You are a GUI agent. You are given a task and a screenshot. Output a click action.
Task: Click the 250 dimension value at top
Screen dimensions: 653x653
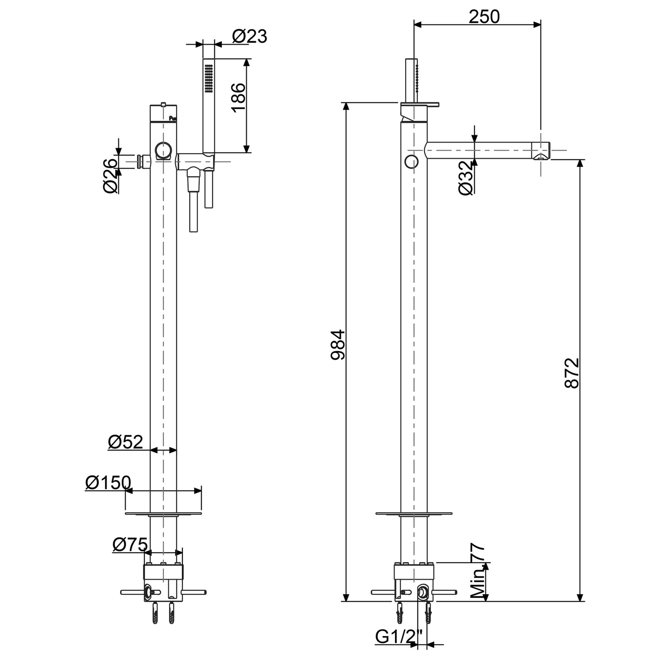pyautogui.click(x=484, y=16)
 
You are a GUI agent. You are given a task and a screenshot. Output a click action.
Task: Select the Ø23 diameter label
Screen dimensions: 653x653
pyautogui.click(x=249, y=36)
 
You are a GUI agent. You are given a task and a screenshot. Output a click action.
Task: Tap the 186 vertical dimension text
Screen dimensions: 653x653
pyautogui.click(x=238, y=98)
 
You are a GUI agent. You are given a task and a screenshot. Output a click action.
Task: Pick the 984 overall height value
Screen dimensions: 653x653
pyautogui.click(x=338, y=345)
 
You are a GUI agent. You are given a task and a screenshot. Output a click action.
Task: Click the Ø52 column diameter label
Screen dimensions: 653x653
pyautogui.click(x=126, y=442)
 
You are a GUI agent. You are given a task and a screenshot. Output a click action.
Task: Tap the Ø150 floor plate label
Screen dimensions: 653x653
pyautogui.click(x=108, y=482)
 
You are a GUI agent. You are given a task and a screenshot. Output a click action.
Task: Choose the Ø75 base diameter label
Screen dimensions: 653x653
pyautogui.click(x=130, y=544)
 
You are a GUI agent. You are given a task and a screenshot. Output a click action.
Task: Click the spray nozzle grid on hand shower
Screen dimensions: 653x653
pyautogui.click(x=209, y=78)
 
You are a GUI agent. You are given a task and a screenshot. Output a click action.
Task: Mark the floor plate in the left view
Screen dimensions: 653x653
pyautogui.click(x=163, y=513)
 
